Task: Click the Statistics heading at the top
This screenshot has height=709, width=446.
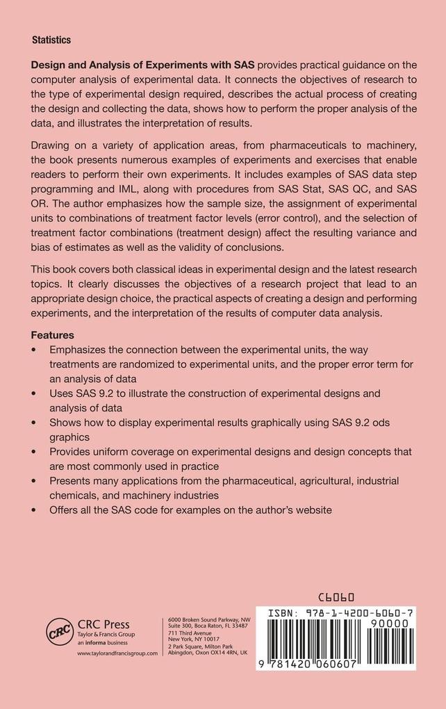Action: (51, 40)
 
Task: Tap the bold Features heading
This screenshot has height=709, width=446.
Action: (53, 335)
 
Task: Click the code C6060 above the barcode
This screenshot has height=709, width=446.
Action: (336, 597)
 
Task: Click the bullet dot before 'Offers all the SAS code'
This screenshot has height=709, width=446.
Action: (35, 510)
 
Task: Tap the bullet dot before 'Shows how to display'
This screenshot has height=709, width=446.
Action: (35, 422)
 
